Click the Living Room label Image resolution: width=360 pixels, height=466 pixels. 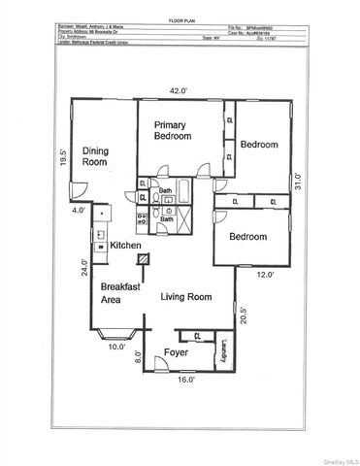(185, 296)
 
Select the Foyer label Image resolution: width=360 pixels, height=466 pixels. (176, 351)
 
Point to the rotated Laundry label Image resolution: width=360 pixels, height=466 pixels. (222, 351)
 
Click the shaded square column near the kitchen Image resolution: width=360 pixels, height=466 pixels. (144, 259)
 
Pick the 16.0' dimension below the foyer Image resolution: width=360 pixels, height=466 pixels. (185, 380)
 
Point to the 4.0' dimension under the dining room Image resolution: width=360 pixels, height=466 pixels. (78, 209)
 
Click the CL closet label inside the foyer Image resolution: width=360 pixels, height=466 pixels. (198, 337)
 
